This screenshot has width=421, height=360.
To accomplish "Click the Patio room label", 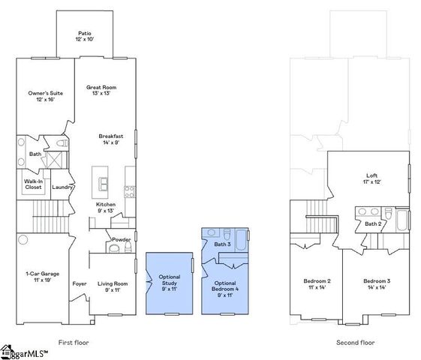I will click(85, 36).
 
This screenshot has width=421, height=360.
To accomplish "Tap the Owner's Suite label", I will click(46, 96).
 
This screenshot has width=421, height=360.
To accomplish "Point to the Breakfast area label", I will click(111, 139).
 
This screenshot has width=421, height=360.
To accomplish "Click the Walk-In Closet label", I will click(33, 184).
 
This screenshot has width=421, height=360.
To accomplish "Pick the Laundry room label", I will click(62, 187).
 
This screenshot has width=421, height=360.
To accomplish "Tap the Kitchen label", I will click(106, 207).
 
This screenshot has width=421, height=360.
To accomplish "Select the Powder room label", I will click(122, 240).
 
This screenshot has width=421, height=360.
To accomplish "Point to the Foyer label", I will click(80, 283).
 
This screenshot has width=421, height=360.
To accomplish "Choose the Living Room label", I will click(112, 286).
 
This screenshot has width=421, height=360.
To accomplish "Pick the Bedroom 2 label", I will click(317, 283).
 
